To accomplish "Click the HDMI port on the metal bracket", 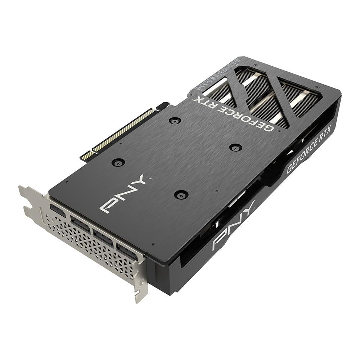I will tap(58, 211).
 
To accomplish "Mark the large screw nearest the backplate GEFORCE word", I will tap(235, 147).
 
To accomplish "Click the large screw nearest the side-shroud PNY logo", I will tap(181, 195).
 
